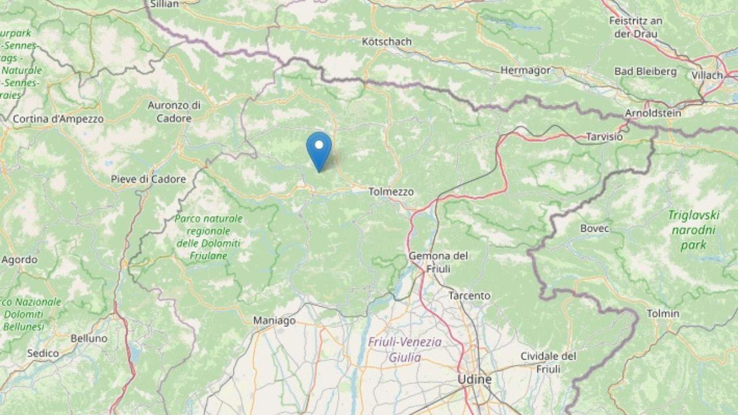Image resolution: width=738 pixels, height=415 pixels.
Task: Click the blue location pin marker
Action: pyautogui.click(x=319, y=148)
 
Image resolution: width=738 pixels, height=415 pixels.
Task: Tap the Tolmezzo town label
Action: pyautogui.click(x=391, y=192)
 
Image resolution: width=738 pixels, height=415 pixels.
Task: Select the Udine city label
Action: pyautogui.click(x=475, y=379)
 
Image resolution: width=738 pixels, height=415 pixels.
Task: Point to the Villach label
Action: pyautogui.click(x=707, y=76)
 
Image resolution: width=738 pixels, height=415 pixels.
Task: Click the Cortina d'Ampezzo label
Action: pyautogui.click(x=58, y=119)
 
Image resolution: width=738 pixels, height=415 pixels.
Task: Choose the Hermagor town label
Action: pyautogui.click(x=525, y=70)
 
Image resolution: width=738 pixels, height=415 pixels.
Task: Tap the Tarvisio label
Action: pyautogui.click(x=604, y=137)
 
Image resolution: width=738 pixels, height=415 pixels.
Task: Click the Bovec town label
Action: pyautogui.click(x=594, y=228)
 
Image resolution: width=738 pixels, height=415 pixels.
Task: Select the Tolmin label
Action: pyautogui.click(x=663, y=314)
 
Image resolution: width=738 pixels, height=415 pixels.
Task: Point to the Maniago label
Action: pyautogui.click(x=274, y=320)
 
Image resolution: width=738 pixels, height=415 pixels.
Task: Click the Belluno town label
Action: pyautogui.click(x=89, y=338)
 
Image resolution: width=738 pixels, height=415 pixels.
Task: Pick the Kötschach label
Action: pyautogui.click(x=386, y=41)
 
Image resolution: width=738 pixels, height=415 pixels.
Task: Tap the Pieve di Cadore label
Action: pyautogui.click(x=148, y=179)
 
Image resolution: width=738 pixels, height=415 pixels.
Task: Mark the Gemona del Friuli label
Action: pyautogui.click(x=438, y=262)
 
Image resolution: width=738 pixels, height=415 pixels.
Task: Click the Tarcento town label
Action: pyautogui.click(x=469, y=296)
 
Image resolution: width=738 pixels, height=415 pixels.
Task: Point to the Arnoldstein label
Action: pyautogui.click(x=653, y=114)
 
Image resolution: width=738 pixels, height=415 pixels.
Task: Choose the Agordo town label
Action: pyautogui.click(x=19, y=260)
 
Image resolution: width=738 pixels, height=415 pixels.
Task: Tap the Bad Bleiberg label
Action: pyautogui.click(x=645, y=71)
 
